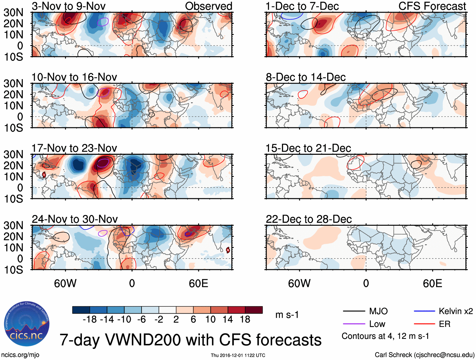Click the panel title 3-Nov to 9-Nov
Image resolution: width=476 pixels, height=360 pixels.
click(69, 6)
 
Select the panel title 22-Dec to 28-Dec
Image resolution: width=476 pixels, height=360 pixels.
click(309, 219)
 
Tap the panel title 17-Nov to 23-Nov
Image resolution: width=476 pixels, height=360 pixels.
click(74, 148)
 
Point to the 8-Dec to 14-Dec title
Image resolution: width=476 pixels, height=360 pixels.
click(305, 77)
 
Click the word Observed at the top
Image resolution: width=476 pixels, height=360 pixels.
click(208, 6)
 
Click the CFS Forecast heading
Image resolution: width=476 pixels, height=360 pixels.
click(432, 6)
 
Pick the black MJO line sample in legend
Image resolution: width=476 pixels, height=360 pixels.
click(354, 311)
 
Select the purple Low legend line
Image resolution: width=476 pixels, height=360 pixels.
click(354, 324)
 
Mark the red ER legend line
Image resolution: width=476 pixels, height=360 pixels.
click(424, 324)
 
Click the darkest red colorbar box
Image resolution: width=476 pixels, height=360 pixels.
click(254, 310)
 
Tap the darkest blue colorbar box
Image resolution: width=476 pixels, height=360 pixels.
click(81, 310)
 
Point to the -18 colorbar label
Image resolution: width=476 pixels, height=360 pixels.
click(90, 320)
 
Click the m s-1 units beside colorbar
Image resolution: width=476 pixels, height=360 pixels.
click(287, 315)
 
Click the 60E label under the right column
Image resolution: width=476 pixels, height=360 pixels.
click(432, 283)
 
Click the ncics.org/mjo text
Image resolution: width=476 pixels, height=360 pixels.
click(20, 355)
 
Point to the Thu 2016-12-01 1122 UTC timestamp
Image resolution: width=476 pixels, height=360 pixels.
click(238, 355)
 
